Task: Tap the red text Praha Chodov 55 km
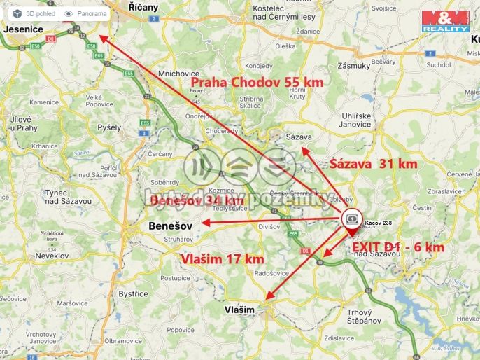[257, 83]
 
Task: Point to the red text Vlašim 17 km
[222, 259]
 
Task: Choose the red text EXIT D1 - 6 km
[397, 247]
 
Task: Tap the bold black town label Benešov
[171, 227]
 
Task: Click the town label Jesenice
[23, 29]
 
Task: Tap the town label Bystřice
[132, 294]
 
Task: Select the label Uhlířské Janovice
[347, 120]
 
